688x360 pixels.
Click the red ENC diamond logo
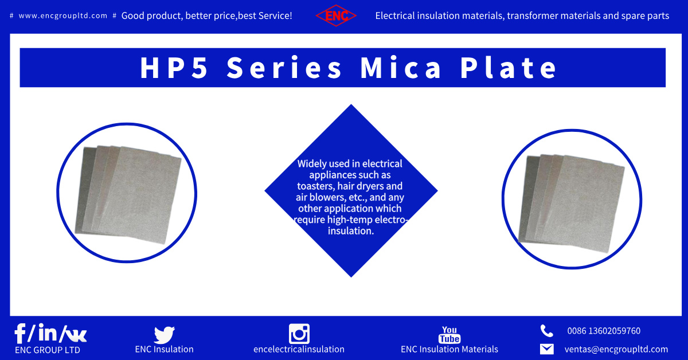[336, 16]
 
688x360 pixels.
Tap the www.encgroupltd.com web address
[63, 16]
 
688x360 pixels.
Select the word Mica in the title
[401, 68]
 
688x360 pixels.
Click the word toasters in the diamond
[316, 186]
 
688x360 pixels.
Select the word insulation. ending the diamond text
[350, 231]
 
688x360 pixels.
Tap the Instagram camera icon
[299, 334]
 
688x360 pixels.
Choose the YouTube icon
[449, 334]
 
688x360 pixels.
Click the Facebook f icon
[21, 334]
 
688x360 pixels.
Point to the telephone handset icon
[546, 331]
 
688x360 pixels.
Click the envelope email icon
[546, 349]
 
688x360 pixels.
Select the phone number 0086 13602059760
[604, 331]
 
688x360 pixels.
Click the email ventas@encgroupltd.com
[616, 349]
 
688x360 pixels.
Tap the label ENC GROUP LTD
[48, 350]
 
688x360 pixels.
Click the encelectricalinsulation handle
[299, 349]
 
